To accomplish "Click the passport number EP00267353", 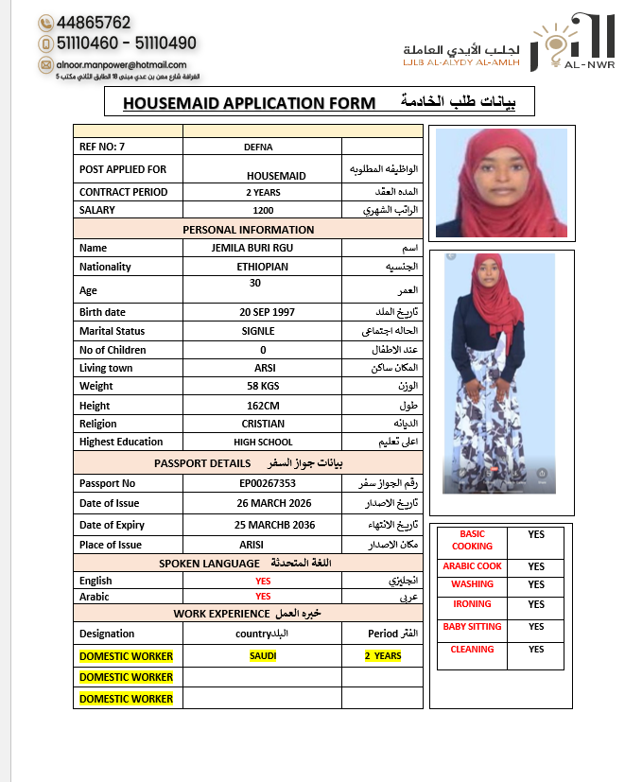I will (x=262, y=483).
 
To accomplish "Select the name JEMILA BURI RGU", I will (x=262, y=248).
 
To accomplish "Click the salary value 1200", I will (x=263, y=211).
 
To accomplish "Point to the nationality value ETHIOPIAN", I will (x=262, y=267).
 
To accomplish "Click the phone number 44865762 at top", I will (x=94, y=22).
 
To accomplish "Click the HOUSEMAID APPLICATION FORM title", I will (x=249, y=103).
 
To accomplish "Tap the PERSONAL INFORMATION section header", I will (x=248, y=230).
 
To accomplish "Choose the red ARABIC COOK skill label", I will (x=472, y=566).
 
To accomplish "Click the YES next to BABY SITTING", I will (x=536, y=627).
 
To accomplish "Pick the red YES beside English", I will (x=263, y=581).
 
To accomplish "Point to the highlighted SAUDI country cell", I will (x=262, y=656).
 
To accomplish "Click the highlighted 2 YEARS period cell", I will (x=382, y=656).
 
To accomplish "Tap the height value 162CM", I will (x=262, y=405).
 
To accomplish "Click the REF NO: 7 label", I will (x=102, y=147).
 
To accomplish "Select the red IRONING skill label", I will (x=472, y=604).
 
